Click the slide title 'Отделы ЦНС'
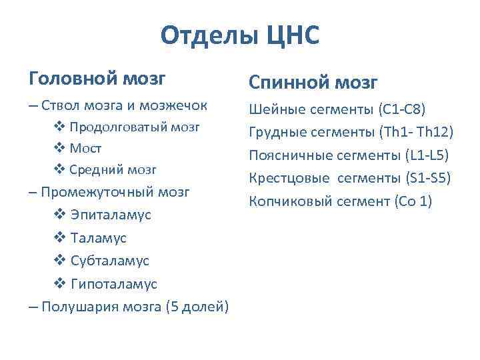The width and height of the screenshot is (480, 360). point(240,35)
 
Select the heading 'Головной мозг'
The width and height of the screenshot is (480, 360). point(97,79)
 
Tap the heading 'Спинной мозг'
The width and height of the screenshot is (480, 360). point(313,83)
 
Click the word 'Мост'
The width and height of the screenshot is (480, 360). point(86,148)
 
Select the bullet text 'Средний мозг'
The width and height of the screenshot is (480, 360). point(113,169)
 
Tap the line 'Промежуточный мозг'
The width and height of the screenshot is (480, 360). point(115,192)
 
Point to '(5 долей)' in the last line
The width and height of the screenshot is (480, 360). point(199,307)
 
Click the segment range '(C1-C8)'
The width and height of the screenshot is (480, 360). point(401,109)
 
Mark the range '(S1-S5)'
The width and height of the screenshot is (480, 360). point(428,178)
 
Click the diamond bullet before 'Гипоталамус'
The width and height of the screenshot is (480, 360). point(58,284)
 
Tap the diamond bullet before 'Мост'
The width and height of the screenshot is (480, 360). point(58,148)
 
